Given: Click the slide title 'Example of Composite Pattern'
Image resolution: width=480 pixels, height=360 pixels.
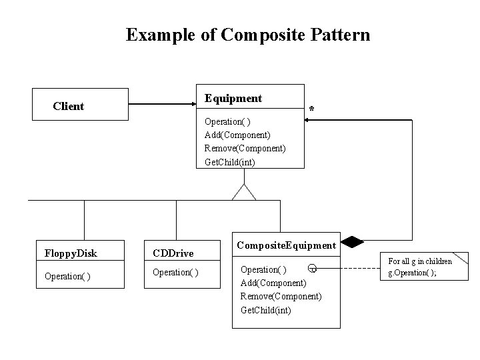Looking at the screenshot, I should pyautogui.click(x=247, y=35).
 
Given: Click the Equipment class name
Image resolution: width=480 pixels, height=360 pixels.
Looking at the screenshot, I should pyautogui.click(x=233, y=99).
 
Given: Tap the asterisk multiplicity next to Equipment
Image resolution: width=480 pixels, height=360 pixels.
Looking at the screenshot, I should pyautogui.click(x=311, y=109).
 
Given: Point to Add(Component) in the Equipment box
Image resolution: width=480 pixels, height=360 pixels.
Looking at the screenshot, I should pyautogui.click(x=237, y=135).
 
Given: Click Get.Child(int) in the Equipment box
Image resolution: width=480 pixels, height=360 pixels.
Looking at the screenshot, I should pyautogui.click(x=229, y=161).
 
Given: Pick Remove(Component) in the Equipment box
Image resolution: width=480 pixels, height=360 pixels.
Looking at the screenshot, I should pyautogui.click(x=245, y=148).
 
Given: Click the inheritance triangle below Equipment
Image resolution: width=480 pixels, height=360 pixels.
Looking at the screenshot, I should pyautogui.click(x=244, y=192).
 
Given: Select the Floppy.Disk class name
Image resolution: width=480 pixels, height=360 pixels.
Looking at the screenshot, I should pyautogui.click(x=71, y=253).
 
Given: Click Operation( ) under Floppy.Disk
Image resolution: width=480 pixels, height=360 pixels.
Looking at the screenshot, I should pyautogui.click(x=67, y=276).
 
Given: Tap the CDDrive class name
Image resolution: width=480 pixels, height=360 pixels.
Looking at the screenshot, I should pyautogui.click(x=173, y=253).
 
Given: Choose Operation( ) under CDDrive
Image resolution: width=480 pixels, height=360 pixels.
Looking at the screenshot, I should pyautogui.click(x=176, y=272).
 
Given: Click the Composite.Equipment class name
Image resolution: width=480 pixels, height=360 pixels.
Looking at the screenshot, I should pyautogui.click(x=286, y=246).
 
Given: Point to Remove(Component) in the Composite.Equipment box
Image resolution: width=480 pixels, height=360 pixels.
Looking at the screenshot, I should pyautogui.click(x=281, y=296).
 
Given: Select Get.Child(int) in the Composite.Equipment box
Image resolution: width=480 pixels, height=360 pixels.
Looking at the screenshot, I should pyautogui.click(x=265, y=310).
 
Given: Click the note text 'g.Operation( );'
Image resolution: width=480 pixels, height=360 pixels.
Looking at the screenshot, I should pyautogui.click(x=413, y=273).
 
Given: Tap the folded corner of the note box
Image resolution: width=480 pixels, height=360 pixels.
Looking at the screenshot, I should pyautogui.click(x=461, y=259).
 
